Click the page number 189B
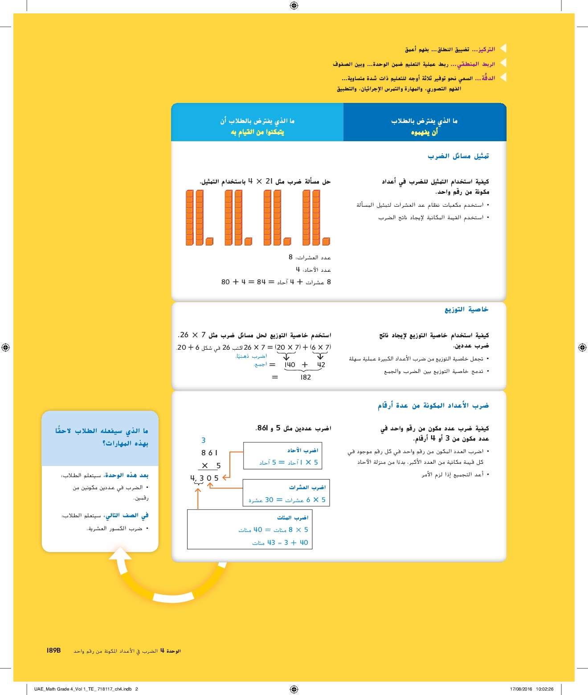pyautogui.click(x=53, y=650)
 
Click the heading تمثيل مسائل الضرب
pyautogui.click(x=458, y=156)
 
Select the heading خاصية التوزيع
pyautogui.click(x=466, y=309)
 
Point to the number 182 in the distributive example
pyautogui.click(x=306, y=377)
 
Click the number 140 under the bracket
pyautogui.click(x=290, y=364)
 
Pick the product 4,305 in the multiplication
pyautogui.click(x=204, y=478)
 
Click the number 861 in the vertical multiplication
pyautogui.click(x=209, y=453)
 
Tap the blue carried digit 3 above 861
pyautogui.click(x=204, y=440)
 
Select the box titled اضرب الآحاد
pyautogui.click(x=282, y=456)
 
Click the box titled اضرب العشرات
pyautogui.click(x=286, y=493)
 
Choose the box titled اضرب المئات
pyautogui.click(x=250, y=529)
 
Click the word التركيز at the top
pyautogui.click(x=484, y=49)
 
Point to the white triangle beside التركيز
pyautogui.click(x=503, y=48)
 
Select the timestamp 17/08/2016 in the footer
pyautogui.click(x=521, y=689)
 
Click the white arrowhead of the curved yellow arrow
pyautogui.click(x=120, y=554)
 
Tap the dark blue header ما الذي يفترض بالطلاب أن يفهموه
pyautogui.click(x=425, y=126)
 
